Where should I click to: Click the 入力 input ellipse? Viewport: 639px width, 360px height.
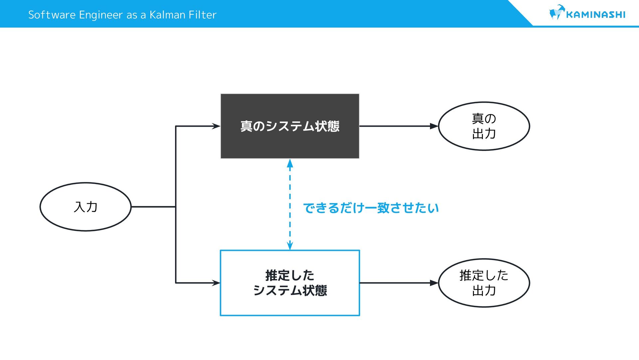coord(86,207)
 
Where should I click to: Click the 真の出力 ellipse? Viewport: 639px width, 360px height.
coord(484,126)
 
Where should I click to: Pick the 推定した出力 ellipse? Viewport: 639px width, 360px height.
coord(484,283)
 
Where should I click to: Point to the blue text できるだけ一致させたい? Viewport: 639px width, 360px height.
coord(371,208)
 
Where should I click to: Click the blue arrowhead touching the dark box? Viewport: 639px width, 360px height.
coord(290,163)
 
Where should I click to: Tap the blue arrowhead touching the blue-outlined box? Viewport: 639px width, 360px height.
coord(290,246)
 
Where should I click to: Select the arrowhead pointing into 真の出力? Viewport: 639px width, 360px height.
coord(434,126)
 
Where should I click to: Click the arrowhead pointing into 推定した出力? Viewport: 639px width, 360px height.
coord(434,283)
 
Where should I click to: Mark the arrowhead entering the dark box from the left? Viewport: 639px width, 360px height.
coord(216,126)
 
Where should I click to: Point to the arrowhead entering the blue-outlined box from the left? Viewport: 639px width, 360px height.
coord(216,283)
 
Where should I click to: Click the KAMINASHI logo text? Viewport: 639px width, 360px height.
coord(595,15)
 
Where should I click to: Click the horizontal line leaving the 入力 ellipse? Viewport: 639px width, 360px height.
coord(153,207)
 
